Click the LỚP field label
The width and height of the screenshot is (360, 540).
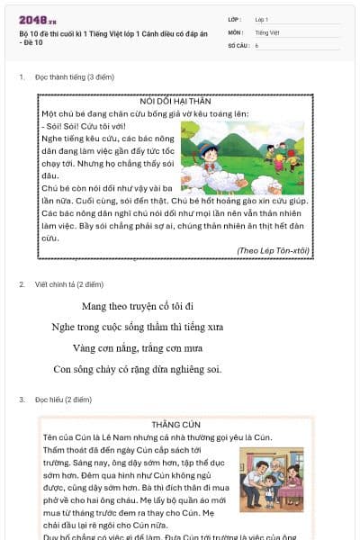234,19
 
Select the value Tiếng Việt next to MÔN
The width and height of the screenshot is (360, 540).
266,31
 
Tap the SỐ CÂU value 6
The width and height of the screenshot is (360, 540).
256,44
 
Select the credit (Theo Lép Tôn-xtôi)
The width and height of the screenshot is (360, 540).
273,250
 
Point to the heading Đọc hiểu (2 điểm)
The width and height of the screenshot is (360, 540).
63,399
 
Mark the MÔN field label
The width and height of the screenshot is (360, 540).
235,31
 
